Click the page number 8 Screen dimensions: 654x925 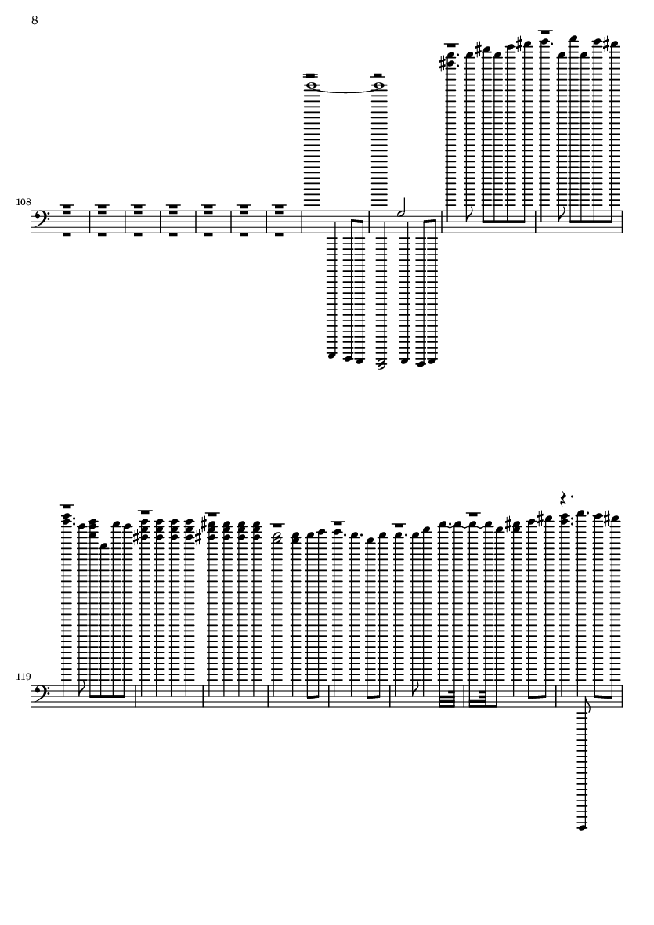coord(34,20)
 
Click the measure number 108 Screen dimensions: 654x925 coord(23,202)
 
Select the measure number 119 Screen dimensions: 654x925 coord(23,677)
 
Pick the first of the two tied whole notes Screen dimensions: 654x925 coord(311,85)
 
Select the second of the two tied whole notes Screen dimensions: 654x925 coord(378,85)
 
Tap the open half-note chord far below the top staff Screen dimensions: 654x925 coord(381,364)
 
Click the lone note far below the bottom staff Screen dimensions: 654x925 coord(583,828)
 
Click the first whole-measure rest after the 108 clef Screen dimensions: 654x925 coord(67,221)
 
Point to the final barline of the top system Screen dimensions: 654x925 coord(622,221)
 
